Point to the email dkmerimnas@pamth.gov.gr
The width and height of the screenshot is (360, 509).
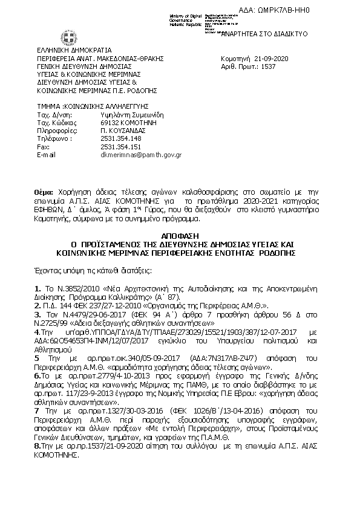coord(140,155)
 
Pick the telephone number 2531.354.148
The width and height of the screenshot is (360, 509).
coord(120,138)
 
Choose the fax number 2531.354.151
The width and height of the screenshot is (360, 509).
coord(120,146)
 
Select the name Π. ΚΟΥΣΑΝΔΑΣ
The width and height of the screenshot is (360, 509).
coord(125,130)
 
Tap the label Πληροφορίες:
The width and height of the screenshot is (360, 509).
coord(57,130)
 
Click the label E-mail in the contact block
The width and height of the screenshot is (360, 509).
coord(46,155)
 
